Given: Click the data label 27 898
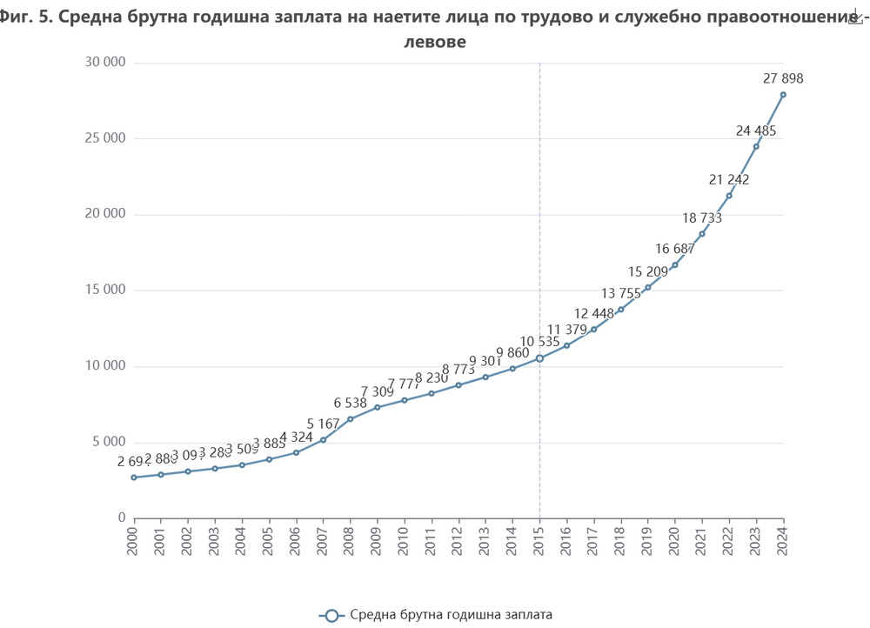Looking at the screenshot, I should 782,78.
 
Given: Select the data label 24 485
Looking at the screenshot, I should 756,130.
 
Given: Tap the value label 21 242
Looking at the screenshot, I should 729,179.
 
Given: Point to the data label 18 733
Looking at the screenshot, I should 702,218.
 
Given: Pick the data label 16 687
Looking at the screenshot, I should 675,249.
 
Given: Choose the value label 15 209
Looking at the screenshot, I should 647,272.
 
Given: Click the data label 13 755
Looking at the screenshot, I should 620,293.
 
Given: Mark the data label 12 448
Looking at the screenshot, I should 593,313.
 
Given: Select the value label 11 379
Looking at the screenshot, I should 566,330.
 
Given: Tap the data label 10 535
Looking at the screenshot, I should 539,341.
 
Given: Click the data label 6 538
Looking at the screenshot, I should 350,403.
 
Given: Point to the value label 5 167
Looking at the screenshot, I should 323,424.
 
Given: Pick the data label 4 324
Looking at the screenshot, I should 296,436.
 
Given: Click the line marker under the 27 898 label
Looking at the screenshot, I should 783,94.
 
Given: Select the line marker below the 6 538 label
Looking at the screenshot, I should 350,418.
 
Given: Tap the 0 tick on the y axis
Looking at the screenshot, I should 123,518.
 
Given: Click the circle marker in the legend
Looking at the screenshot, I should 330,615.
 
